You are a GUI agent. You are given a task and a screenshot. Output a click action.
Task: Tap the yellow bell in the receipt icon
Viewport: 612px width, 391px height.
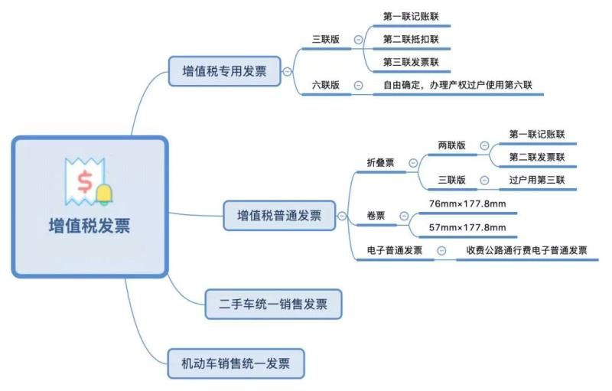pyautogui.click(x=103, y=194)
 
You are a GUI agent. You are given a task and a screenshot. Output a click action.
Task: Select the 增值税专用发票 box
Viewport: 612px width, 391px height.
pyautogui.click(x=224, y=72)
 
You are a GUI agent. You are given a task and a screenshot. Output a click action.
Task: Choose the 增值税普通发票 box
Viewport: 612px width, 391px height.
pyautogui.click(x=278, y=216)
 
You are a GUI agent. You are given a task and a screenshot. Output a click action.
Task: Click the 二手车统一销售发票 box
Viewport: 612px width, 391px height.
pyautogui.click(x=273, y=304)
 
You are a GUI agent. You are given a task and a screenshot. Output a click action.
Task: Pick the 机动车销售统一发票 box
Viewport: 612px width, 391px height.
pyautogui.click(x=236, y=363)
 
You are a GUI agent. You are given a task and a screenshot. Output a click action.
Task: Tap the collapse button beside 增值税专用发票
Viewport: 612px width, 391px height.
pyautogui.click(x=287, y=72)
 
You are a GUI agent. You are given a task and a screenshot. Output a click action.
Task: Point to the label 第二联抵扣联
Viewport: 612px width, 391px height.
pyautogui.click(x=411, y=39)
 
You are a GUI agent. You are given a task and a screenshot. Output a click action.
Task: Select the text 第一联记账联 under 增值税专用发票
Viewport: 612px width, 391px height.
pyautogui.click(x=411, y=16)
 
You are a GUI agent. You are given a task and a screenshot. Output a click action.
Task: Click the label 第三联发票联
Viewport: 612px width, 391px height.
pyautogui.click(x=411, y=62)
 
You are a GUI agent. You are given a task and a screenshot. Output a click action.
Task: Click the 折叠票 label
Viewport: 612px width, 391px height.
pyautogui.click(x=380, y=162)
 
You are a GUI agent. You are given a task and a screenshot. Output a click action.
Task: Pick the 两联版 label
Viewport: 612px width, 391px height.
pyautogui.click(x=451, y=145)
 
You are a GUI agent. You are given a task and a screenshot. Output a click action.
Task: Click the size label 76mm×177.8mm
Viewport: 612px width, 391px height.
pyautogui.click(x=467, y=204)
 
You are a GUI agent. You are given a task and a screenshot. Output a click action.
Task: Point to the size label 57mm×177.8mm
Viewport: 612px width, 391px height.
pyautogui.click(x=467, y=227)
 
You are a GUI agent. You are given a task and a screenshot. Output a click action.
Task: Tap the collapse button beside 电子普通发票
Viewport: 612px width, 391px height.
pyautogui.click(x=441, y=251)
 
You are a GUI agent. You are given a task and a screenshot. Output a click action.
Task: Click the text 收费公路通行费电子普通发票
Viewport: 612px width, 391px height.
pyautogui.click(x=526, y=250)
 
